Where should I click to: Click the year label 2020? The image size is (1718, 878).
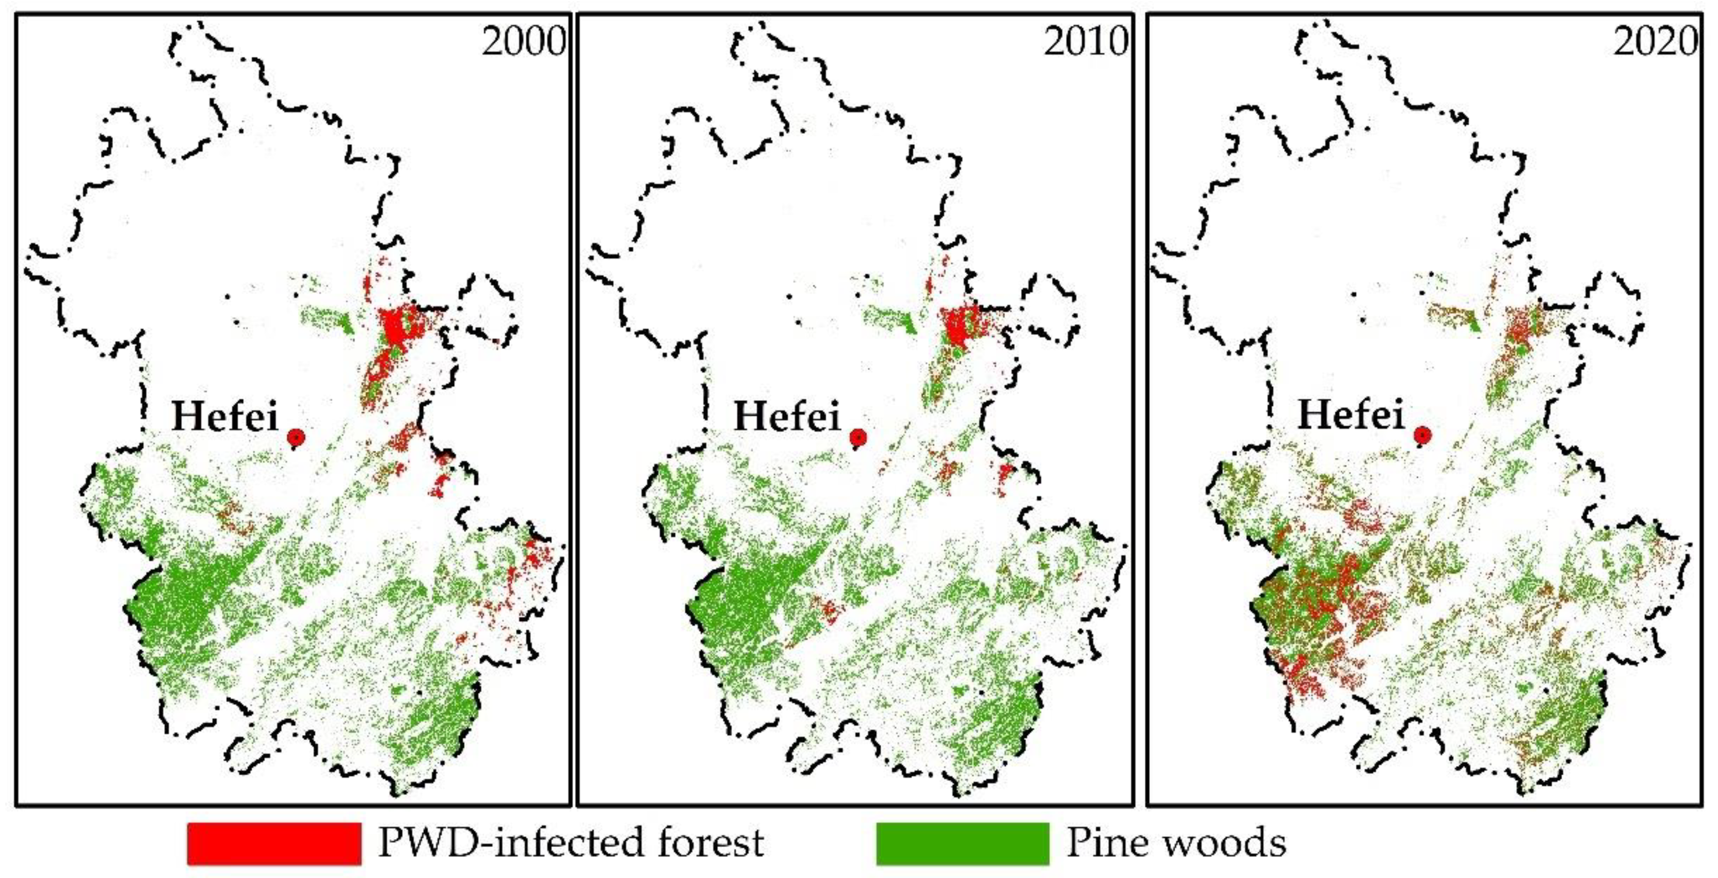1655,42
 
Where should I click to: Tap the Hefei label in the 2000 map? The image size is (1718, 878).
225,417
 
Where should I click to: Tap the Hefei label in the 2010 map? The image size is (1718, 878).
787,417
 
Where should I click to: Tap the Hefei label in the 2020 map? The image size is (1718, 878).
1351,415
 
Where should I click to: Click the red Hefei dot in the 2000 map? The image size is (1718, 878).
296,438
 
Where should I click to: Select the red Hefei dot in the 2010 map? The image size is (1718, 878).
858,438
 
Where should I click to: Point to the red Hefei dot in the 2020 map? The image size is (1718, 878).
1423,435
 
